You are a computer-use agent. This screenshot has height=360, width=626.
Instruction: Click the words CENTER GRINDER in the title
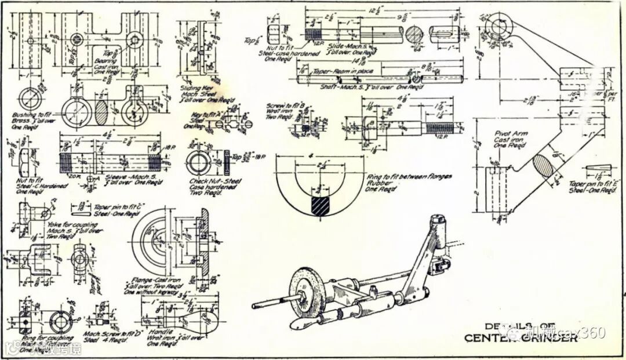point(521,339)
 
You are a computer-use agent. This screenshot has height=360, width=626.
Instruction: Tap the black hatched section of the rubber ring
point(319,206)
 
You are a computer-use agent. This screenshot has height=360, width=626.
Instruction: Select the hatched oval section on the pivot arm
point(545,169)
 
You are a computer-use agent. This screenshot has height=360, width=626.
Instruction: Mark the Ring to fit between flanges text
point(409,176)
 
